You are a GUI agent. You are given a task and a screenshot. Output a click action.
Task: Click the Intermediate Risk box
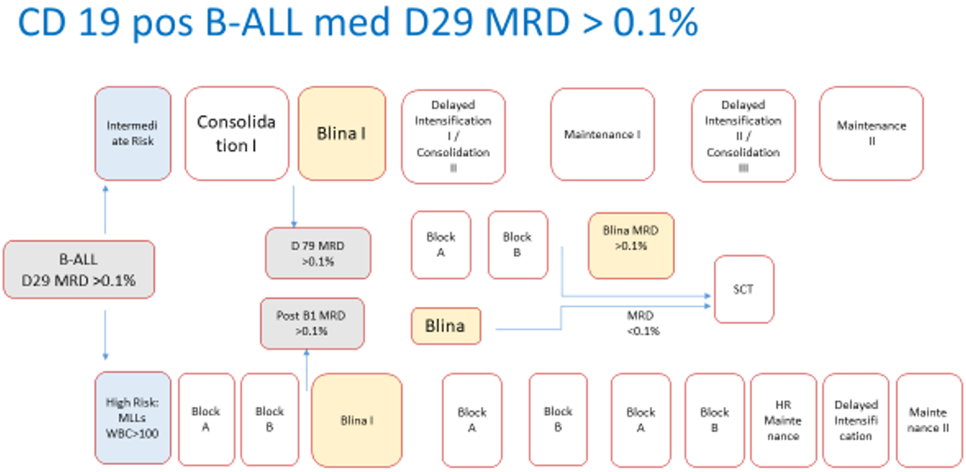133,134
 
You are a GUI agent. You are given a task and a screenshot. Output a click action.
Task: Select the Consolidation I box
237,134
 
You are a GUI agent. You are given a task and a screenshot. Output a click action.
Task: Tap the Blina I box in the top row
342,134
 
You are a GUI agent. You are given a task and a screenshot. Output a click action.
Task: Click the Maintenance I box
602,134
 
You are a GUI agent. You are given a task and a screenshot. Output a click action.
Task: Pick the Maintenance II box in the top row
871,134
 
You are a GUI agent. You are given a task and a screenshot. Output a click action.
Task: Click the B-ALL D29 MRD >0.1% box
79,270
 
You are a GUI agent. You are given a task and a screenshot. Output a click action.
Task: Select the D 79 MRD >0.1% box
318,253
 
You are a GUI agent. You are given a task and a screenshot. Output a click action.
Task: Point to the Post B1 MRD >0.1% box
312,323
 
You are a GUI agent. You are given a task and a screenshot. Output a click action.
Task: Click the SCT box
744,290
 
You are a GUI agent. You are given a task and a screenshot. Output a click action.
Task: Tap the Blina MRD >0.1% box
631,245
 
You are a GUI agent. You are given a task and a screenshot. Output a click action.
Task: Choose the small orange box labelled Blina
445,326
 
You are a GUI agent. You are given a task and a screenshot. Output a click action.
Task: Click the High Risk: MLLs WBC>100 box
133,419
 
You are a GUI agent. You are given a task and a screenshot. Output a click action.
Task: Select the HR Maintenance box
783,420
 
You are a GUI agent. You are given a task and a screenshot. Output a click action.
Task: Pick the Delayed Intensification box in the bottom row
856,420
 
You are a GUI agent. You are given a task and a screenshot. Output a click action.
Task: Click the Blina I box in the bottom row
357,421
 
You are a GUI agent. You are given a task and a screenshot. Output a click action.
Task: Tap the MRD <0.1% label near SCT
642,323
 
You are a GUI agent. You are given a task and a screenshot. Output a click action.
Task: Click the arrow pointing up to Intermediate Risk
105,209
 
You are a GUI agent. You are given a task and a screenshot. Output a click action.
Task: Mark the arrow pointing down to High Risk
105,335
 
